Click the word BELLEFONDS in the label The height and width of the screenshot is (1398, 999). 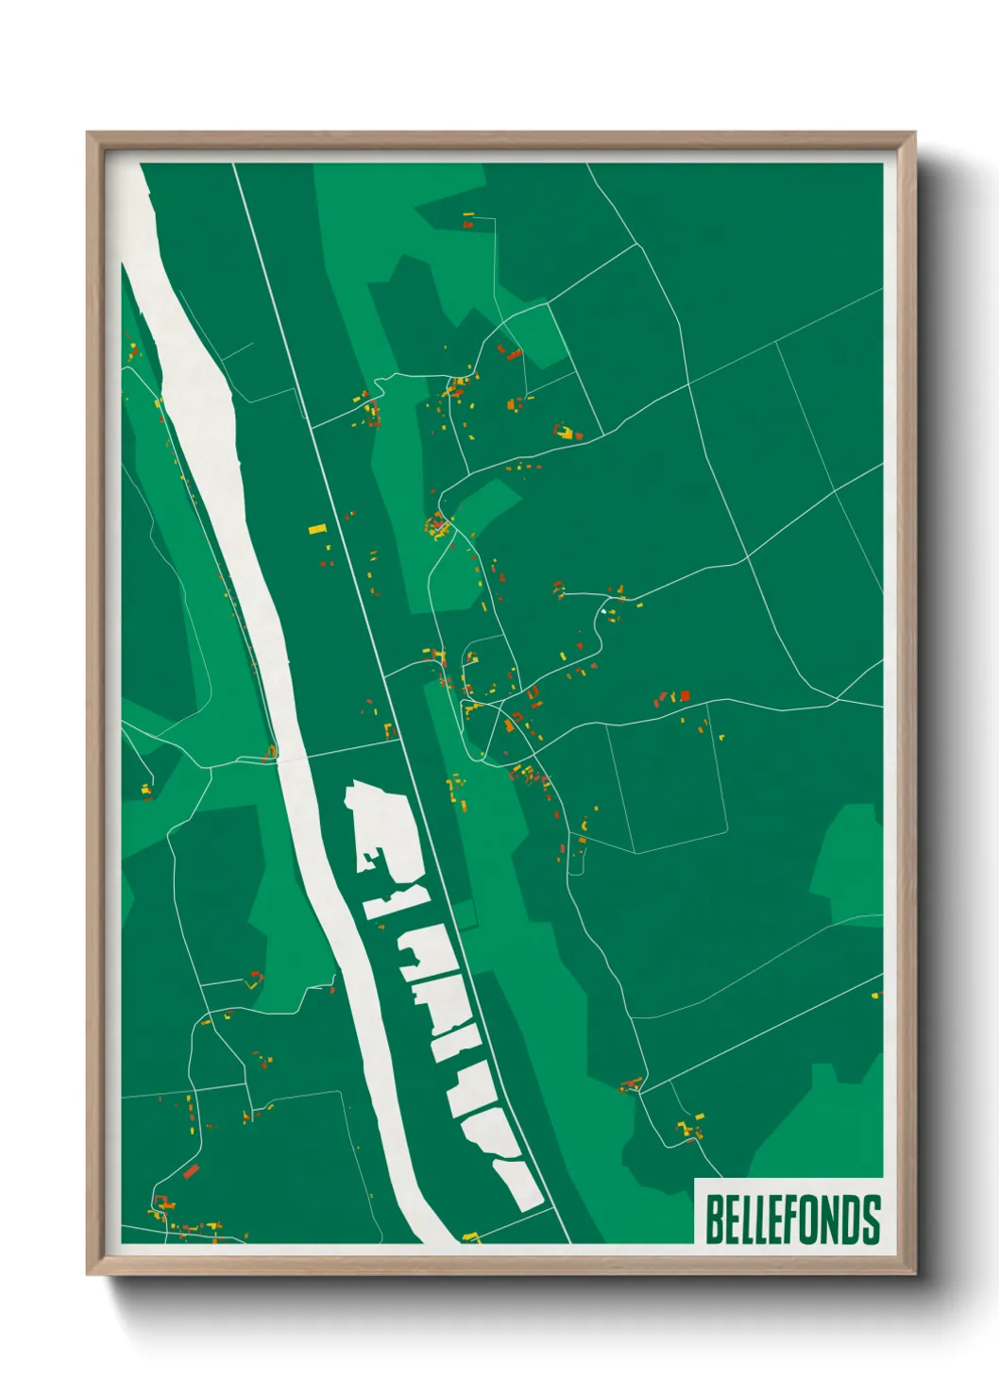pos(792,1219)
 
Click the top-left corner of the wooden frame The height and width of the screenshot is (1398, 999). pos(88,133)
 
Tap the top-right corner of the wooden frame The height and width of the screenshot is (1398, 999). pos(914,133)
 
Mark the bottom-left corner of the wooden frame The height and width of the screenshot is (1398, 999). pos(88,1274)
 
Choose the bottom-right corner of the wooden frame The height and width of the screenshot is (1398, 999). pos(914,1274)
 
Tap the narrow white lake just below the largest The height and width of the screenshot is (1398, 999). pos(397,903)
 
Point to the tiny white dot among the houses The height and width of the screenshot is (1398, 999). pos(602,611)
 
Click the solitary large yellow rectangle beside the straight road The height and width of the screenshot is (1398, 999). pos(317,529)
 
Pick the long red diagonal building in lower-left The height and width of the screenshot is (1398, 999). pos(191,1171)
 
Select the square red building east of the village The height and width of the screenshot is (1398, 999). pos(685,695)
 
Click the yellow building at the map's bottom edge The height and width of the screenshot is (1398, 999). pos(470,1236)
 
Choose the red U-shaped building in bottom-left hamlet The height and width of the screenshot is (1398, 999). pos(162,1202)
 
